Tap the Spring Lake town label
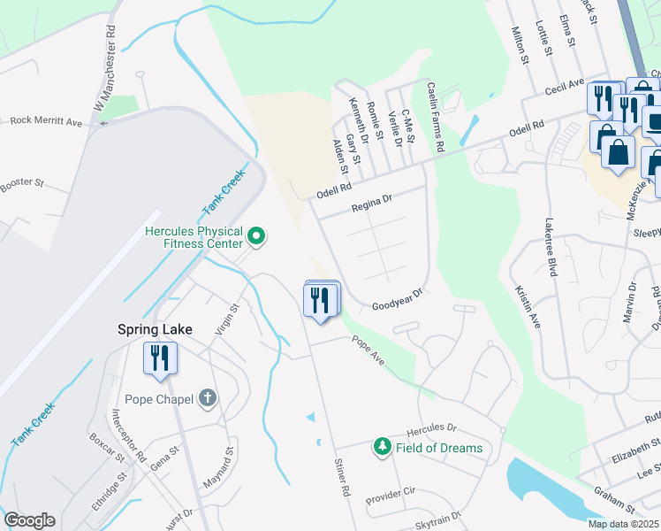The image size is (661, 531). pos(155,329)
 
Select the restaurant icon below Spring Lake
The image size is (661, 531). pos(161,358)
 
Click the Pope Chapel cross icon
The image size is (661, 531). pos(208,398)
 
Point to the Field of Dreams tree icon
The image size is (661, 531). pos(383,447)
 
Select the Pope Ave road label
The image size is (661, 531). pos(368,352)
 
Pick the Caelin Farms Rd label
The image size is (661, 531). pos(433,116)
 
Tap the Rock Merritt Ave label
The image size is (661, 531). pos(45,121)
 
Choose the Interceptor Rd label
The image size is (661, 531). pos(129,435)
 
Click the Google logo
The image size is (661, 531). pos(29,520)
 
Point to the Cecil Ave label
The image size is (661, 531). pos(566,88)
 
